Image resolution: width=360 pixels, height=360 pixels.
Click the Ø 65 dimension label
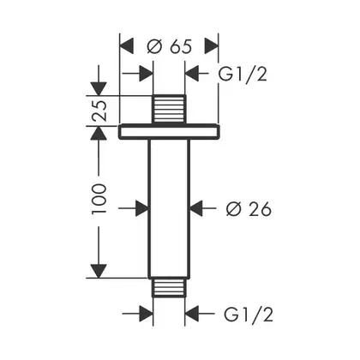(x=169, y=46)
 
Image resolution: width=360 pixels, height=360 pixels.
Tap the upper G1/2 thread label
(x=243, y=75)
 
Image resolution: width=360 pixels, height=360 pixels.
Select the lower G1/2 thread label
(x=249, y=315)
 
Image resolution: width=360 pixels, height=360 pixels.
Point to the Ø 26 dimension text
(x=249, y=209)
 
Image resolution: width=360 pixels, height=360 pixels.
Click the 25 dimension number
(x=99, y=111)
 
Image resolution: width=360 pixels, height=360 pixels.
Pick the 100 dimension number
(x=99, y=199)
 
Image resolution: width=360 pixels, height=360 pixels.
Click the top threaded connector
(x=169, y=110)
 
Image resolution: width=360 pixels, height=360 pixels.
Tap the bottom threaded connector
(x=169, y=287)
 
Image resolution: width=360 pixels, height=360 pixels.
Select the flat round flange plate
(x=169, y=132)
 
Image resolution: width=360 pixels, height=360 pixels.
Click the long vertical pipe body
(x=169, y=208)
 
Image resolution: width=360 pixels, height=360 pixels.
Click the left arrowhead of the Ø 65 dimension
(x=127, y=45)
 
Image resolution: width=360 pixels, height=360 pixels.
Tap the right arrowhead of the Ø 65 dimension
(x=212, y=45)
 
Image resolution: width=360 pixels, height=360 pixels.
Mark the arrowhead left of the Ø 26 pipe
(x=142, y=208)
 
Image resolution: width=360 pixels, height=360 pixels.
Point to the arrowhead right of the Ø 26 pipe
(x=196, y=208)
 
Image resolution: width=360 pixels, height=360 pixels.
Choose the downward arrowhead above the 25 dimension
(x=99, y=89)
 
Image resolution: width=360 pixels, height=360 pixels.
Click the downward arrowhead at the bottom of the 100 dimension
(x=99, y=271)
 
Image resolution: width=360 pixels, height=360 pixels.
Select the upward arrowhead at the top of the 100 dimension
(x=99, y=133)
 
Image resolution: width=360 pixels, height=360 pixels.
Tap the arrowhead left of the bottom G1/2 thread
(x=147, y=314)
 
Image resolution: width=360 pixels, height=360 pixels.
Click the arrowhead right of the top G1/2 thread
(x=192, y=74)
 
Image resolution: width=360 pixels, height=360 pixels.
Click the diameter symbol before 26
(x=234, y=209)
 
